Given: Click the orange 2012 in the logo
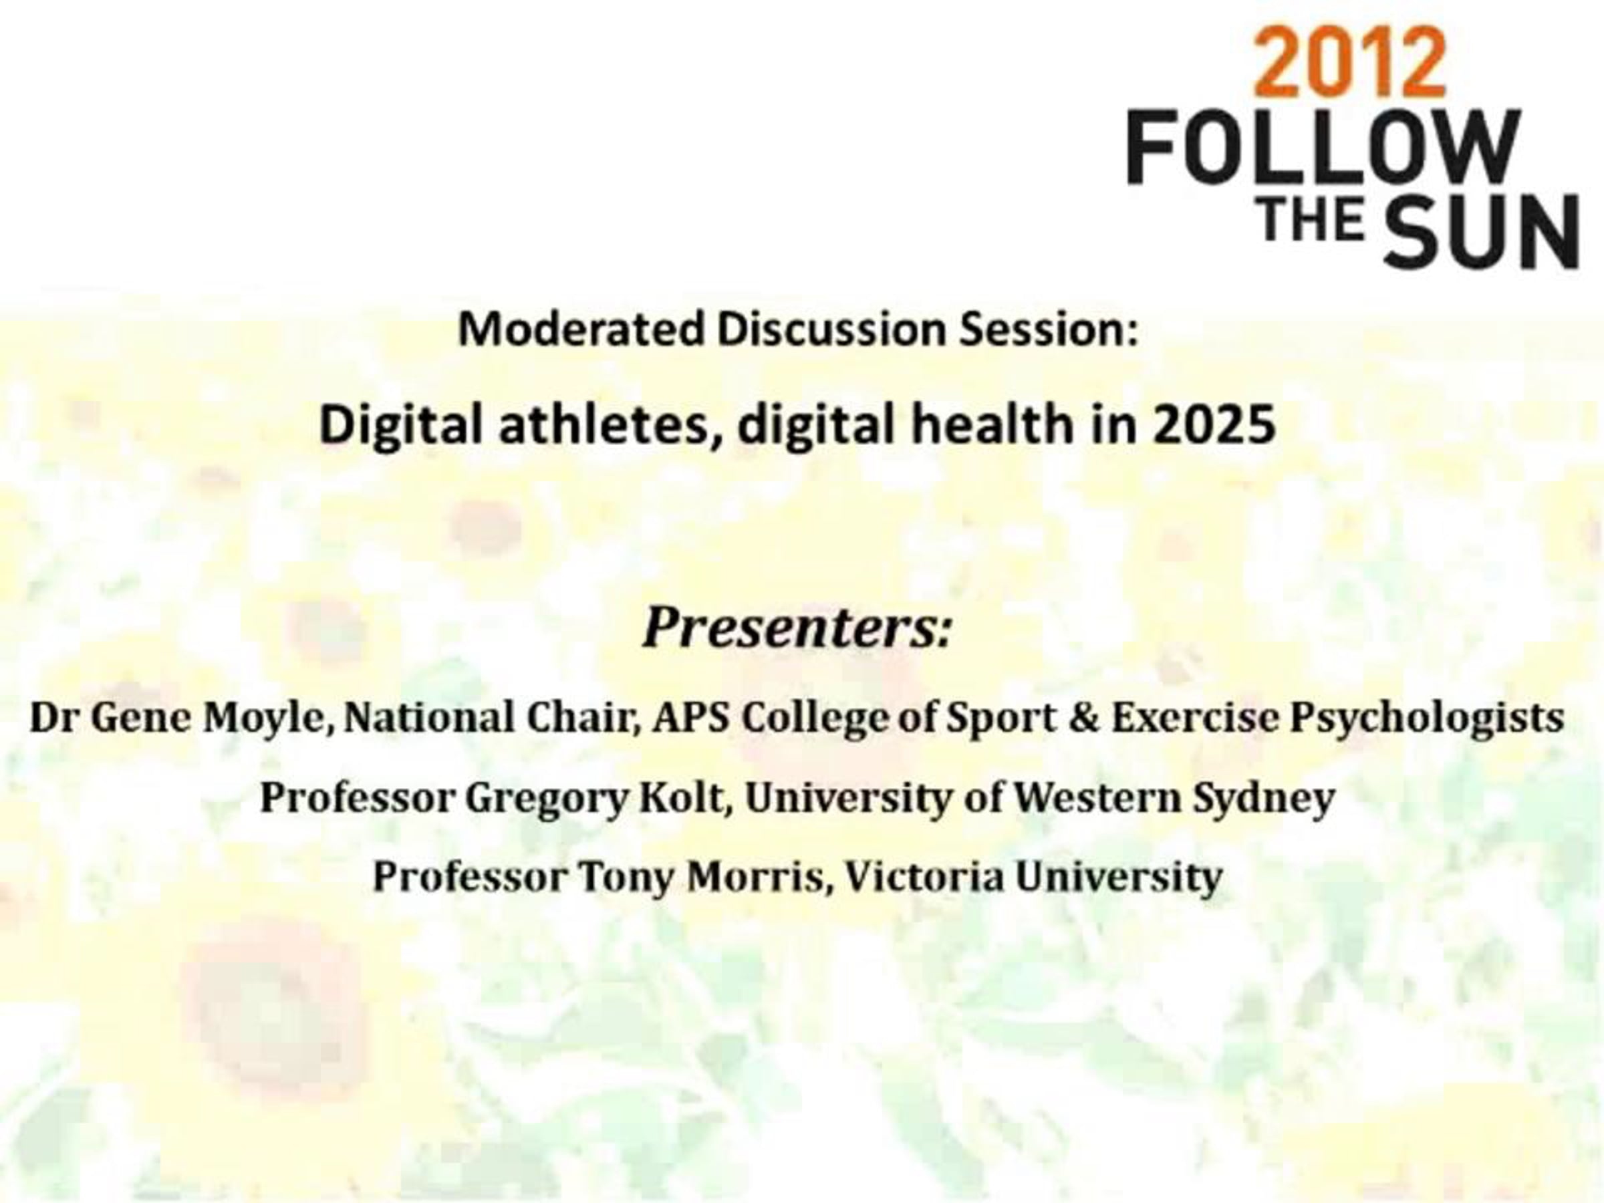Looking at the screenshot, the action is pyautogui.click(x=1349, y=63).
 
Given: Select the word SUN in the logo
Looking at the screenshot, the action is pyautogui.click(x=1484, y=230).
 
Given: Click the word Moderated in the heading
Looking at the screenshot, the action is pyautogui.click(x=581, y=330).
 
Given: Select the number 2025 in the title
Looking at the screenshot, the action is pyautogui.click(x=1214, y=426).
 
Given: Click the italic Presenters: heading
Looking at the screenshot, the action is pyautogui.click(x=797, y=628).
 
